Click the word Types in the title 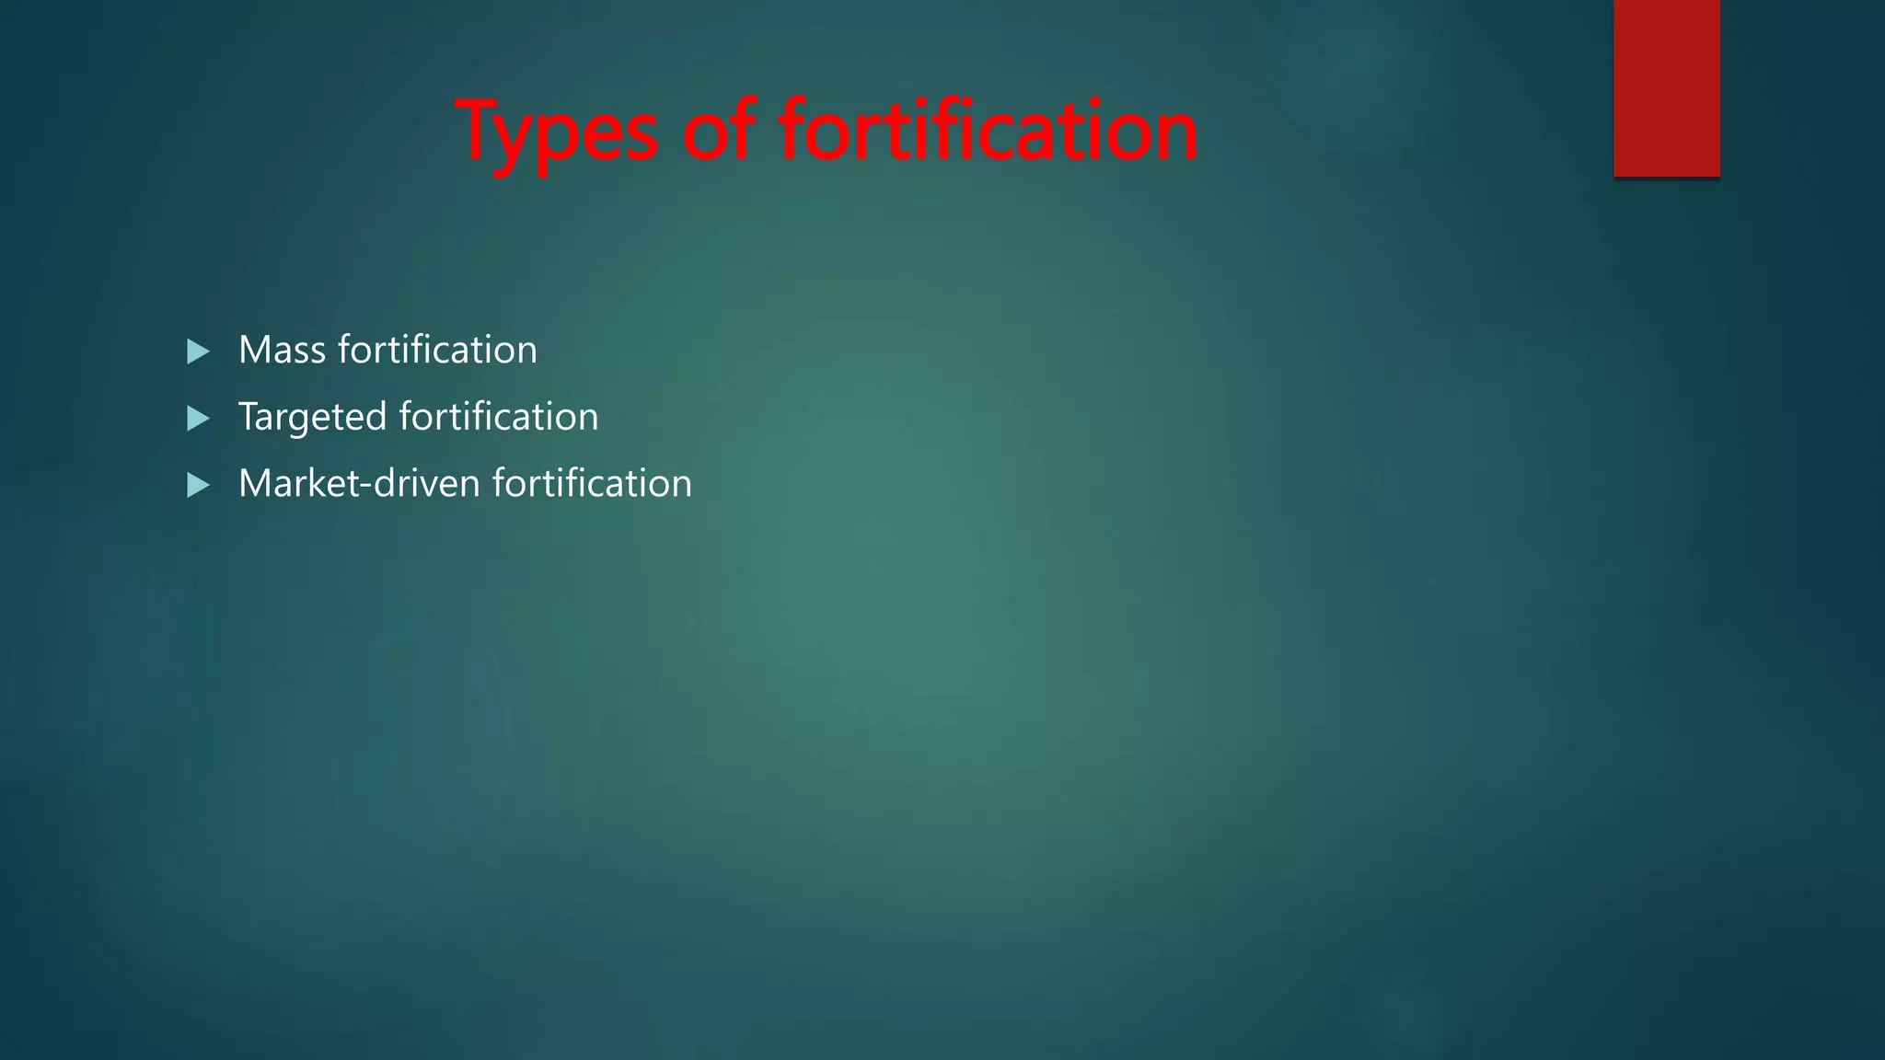coord(557,132)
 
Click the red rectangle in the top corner coord(1666,88)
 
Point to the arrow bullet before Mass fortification coord(198,351)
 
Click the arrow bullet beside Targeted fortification coord(198,419)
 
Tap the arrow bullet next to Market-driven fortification coord(198,485)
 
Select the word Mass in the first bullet coord(282,351)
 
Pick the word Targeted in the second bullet coord(313,418)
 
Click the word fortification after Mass coord(437,350)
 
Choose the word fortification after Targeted coord(499,417)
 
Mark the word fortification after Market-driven coord(592,484)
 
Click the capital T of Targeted coord(249,417)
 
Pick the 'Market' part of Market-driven coord(305,484)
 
